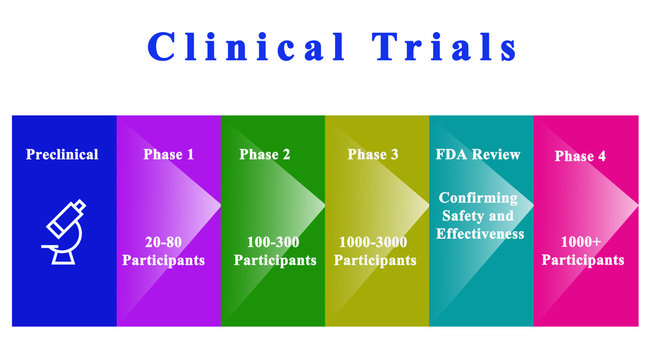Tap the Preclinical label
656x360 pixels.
coord(62,154)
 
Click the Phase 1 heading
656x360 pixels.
coord(169,154)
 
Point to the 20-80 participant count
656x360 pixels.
coord(164,242)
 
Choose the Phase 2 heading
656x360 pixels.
coord(265,154)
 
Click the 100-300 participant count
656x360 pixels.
coord(273,242)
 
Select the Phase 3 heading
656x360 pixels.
coord(373,154)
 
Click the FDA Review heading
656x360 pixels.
coord(478,154)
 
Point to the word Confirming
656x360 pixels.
coord(478,197)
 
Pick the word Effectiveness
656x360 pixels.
coord(480,233)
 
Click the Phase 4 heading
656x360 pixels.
coord(580,156)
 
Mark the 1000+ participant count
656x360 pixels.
coord(582,242)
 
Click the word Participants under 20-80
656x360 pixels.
coord(164,260)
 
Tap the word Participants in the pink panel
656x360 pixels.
coord(584,260)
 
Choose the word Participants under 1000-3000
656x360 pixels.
coord(375,260)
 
